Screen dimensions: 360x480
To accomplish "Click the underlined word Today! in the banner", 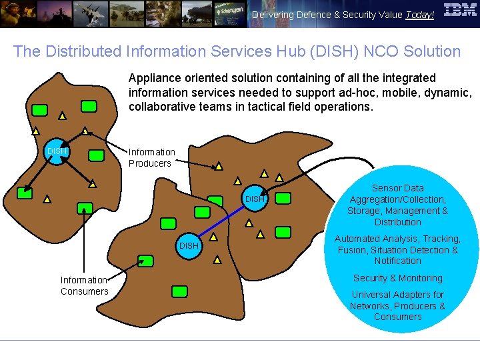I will pyautogui.click(x=419, y=15).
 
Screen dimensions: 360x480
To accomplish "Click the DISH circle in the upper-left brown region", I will pyautogui.click(x=57, y=152).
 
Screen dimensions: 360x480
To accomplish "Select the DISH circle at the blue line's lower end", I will pyautogui.click(x=189, y=245).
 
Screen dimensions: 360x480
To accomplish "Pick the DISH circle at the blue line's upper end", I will pyautogui.click(x=255, y=199).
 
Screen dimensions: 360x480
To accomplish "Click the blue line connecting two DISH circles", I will pyautogui.click(x=223, y=221).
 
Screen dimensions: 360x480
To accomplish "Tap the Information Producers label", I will pyautogui.click(x=151, y=158).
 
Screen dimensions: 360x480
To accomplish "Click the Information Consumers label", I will pyautogui.click(x=84, y=285).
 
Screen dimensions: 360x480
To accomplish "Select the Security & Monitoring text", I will pyautogui.click(x=397, y=278).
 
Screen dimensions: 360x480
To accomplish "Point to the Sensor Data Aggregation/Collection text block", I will pyautogui.click(x=397, y=205).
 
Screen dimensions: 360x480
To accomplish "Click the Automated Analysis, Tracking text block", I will pyautogui.click(x=397, y=249).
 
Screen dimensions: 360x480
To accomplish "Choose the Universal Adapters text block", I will pyautogui.click(x=397, y=305).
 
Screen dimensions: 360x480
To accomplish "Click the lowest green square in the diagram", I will pyautogui.click(x=179, y=291).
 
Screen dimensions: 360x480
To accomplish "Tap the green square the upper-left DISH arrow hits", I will pyautogui.click(x=25, y=193).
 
